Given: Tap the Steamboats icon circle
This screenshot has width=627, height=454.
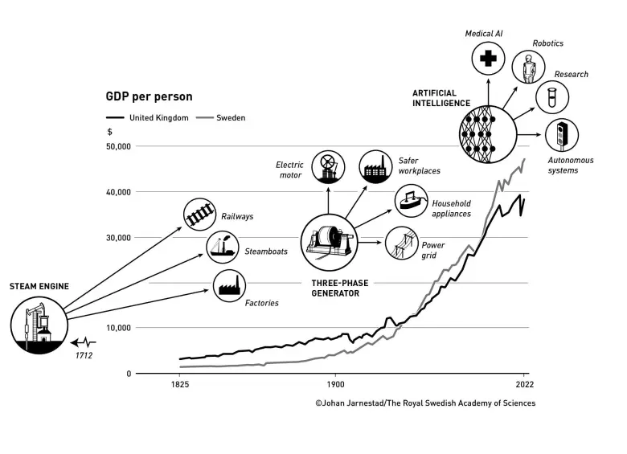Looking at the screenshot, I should pyautogui.click(x=222, y=247).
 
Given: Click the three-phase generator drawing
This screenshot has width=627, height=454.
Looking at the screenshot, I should pyautogui.click(x=328, y=243).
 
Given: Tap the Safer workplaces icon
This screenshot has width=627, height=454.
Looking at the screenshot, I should pyautogui.click(x=375, y=166).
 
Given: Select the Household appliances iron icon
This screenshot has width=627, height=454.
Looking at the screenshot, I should pyautogui.click(x=410, y=201).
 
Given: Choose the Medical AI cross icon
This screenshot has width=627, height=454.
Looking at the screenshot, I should pyautogui.click(x=487, y=57).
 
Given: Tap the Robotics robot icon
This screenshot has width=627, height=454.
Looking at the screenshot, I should pyautogui.click(x=527, y=68).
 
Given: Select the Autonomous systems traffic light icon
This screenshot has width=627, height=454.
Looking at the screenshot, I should pyautogui.click(x=562, y=134).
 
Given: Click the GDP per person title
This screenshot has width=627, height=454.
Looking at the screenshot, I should pyautogui.click(x=150, y=96).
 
